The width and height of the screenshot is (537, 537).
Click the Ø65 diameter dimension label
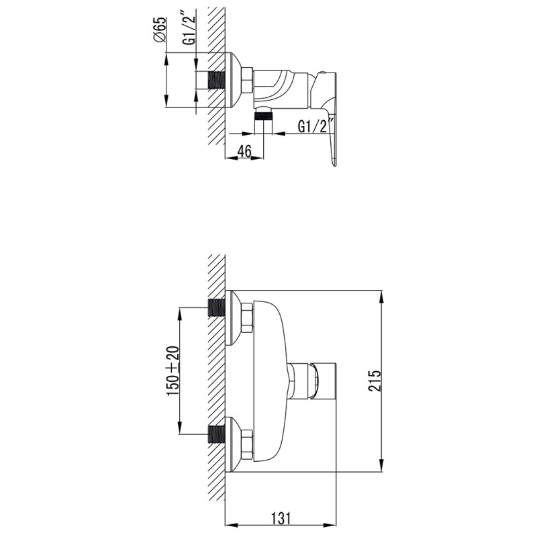pyautogui.click(x=160, y=31)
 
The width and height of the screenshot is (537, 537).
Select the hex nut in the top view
pyautogui.click(x=246, y=80)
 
